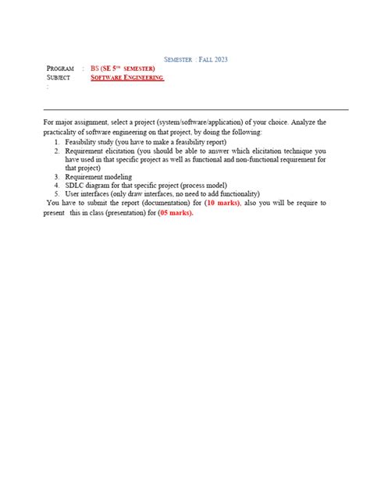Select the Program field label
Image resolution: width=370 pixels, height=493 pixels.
pos(60,69)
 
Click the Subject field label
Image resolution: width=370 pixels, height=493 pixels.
pos(59,78)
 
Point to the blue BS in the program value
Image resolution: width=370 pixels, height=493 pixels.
pos(95,69)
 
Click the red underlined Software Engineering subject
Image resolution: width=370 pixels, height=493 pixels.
pos(127,78)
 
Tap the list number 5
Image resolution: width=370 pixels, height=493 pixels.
pos(57,194)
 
